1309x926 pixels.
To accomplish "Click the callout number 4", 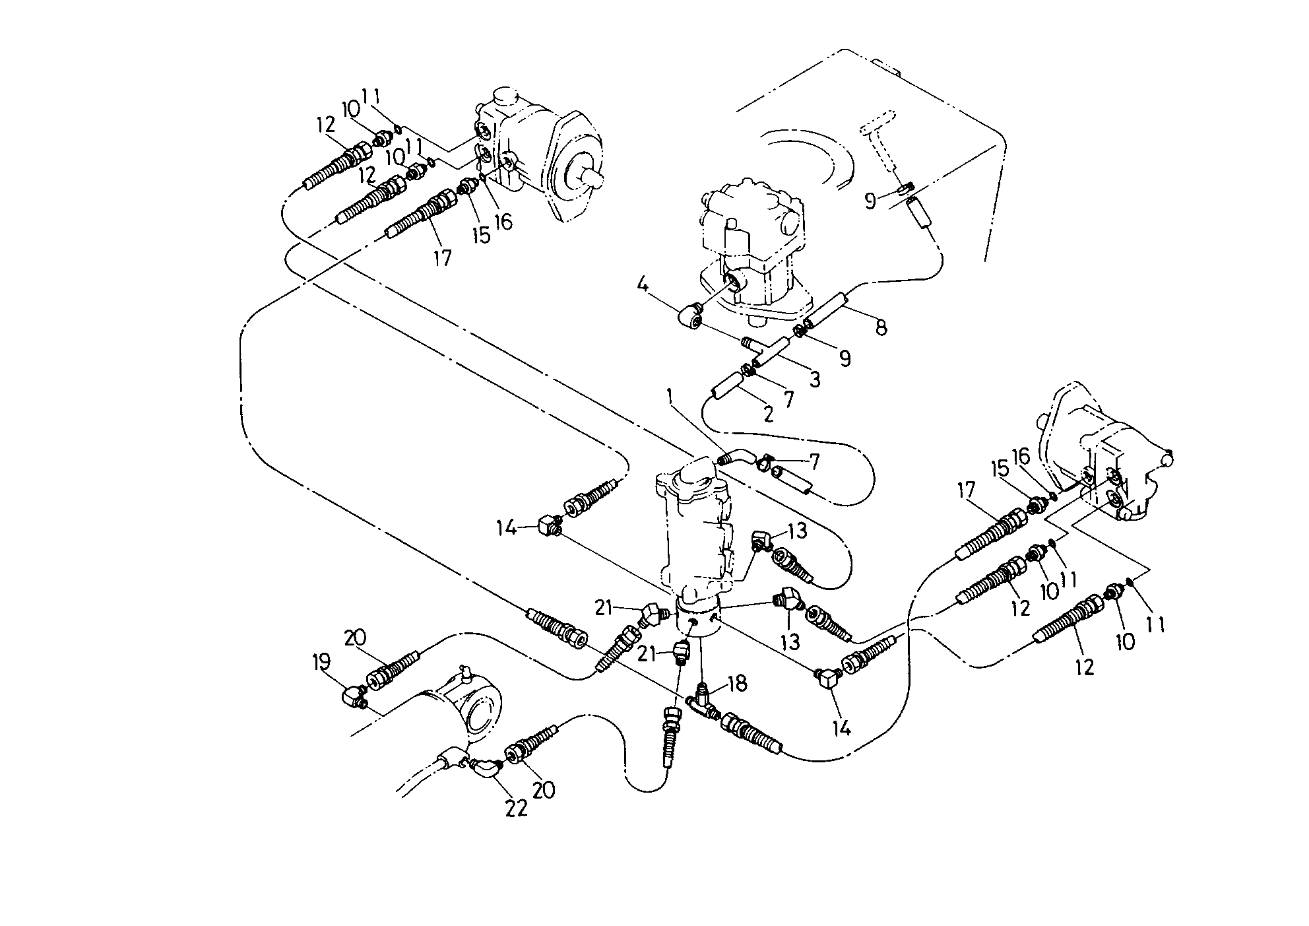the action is (643, 286).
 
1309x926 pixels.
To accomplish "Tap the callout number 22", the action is (517, 807).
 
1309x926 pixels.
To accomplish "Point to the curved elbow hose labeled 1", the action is (733, 457).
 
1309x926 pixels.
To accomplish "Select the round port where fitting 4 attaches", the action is (734, 284).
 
